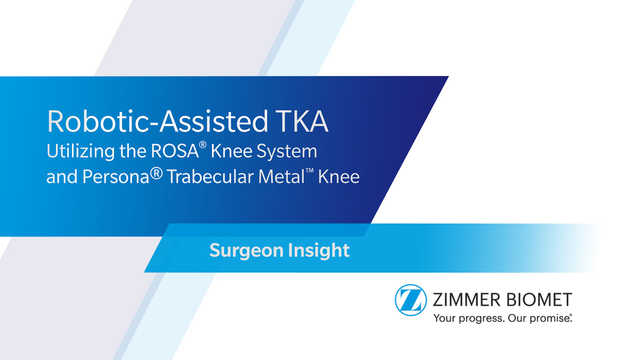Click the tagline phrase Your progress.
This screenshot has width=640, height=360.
(467, 319)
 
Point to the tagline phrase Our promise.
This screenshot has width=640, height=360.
(539, 319)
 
